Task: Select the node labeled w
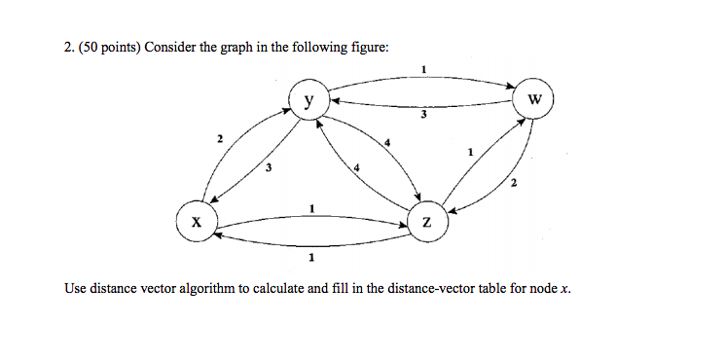click(x=534, y=99)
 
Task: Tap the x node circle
click(x=197, y=221)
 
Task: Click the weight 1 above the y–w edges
click(x=423, y=67)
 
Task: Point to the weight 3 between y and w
click(x=423, y=116)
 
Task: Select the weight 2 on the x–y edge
click(x=220, y=142)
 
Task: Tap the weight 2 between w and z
click(x=514, y=183)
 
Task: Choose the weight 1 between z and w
click(x=471, y=152)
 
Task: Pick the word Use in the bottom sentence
click(x=75, y=288)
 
